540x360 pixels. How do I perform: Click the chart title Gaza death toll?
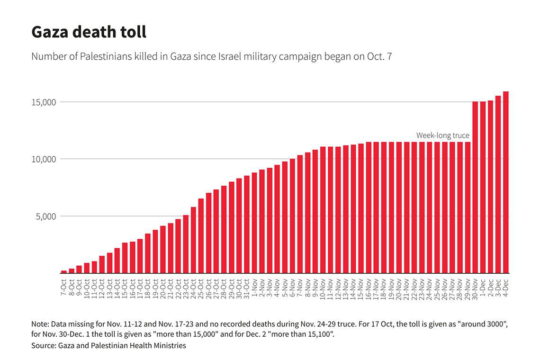coord(89,32)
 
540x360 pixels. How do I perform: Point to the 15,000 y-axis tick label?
coord(44,102)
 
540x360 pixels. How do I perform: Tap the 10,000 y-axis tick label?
coord(44,159)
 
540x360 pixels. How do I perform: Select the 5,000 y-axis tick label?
coord(46,216)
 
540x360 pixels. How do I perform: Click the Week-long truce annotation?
coord(442,135)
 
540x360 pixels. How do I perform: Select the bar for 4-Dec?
coord(505,182)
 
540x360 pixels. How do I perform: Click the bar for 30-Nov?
coord(475,188)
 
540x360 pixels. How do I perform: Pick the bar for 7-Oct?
coord(64,272)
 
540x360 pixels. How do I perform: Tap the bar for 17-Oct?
coord(140,256)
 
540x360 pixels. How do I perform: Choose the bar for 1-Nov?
coord(254,223)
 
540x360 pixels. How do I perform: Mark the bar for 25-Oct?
coord(201,235)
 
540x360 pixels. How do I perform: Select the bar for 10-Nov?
coord(323,210)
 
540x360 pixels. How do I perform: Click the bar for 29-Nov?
coord(468,207)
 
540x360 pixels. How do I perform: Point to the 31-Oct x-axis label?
coord(247,288)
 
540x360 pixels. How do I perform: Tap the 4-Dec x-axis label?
coord(505,288)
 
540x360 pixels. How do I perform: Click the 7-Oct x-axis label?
coord(64,288)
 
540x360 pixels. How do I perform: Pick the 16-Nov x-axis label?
coord(369,289)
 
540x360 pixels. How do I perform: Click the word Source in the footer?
coord(44,345)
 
